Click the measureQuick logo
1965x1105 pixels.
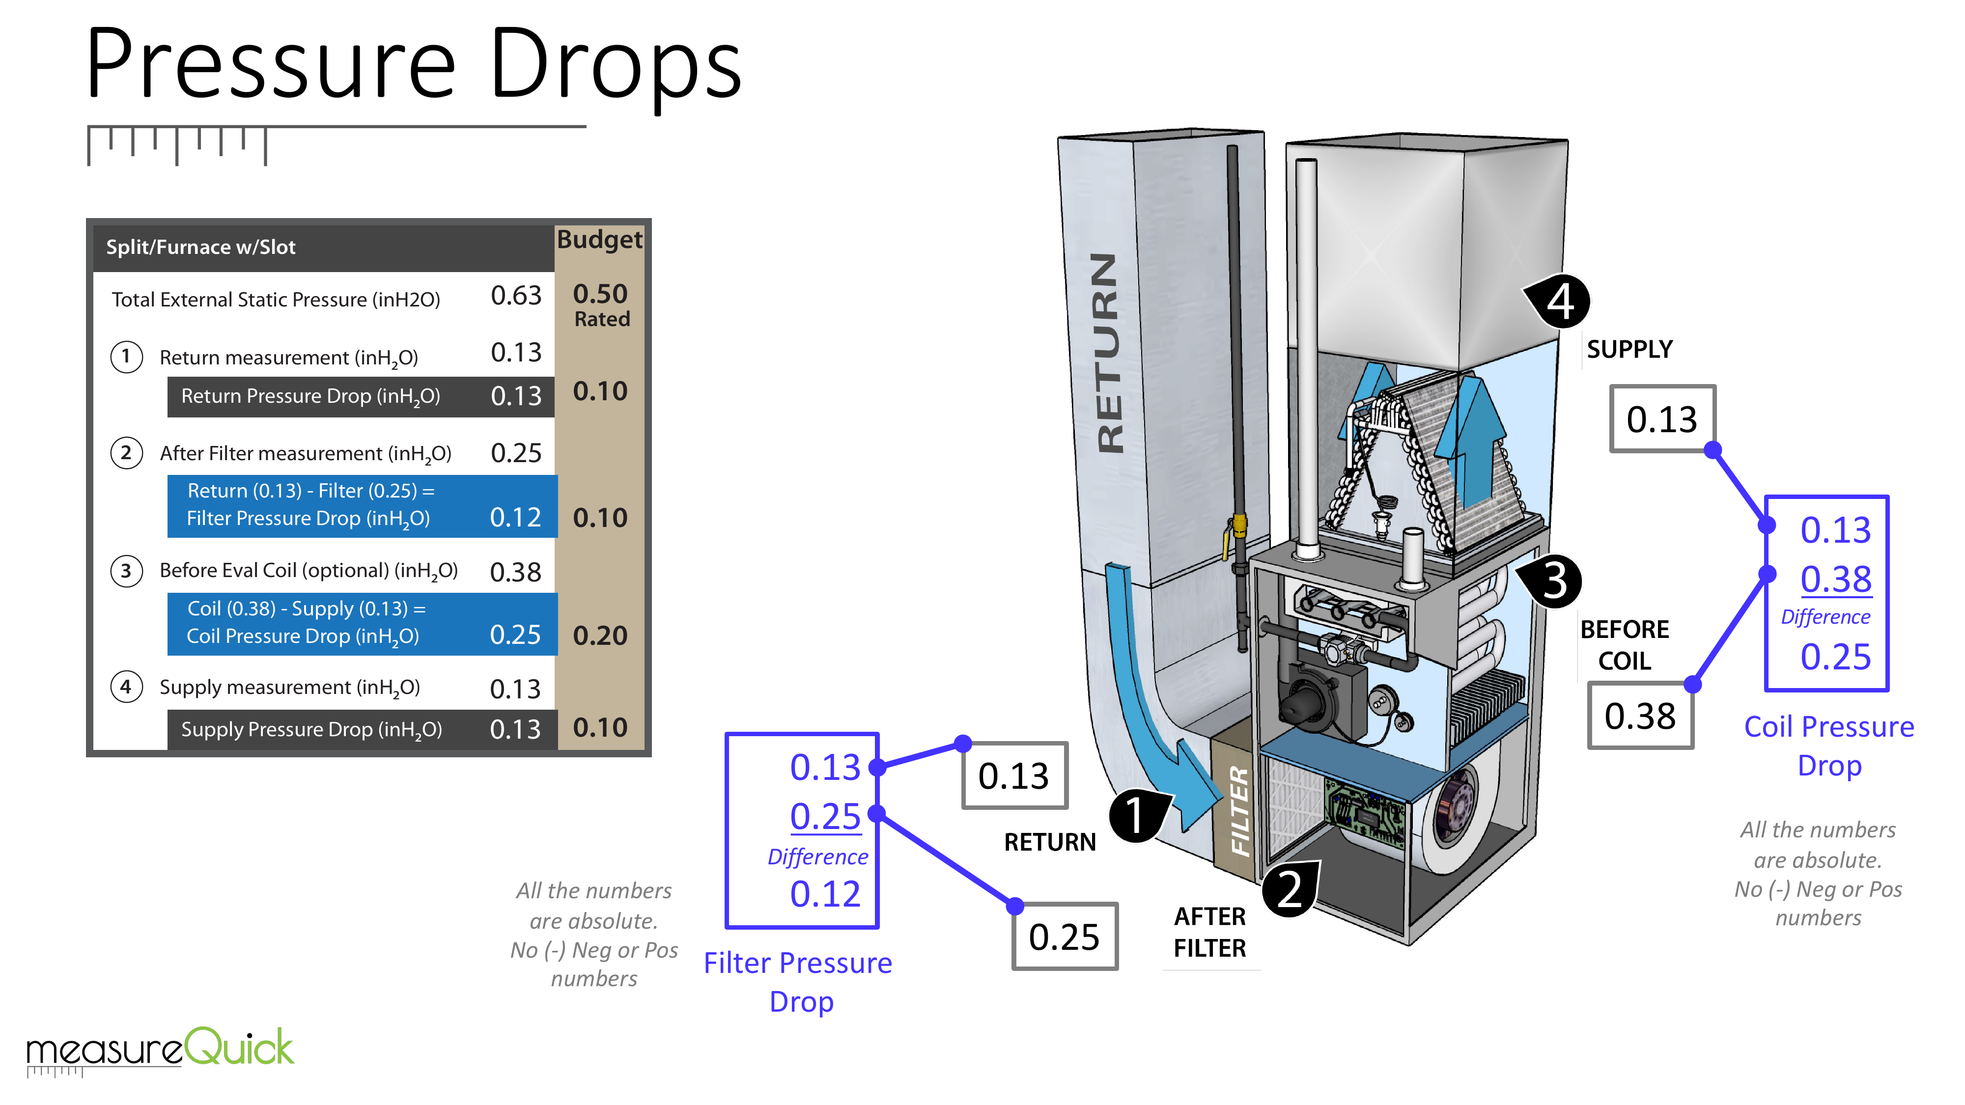coord(160,1048)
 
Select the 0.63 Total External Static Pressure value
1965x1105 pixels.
coord(516,296)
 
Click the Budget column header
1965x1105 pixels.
coord(599,240)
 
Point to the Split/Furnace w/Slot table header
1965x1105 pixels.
coord(200,247)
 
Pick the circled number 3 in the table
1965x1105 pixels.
coord(127,571)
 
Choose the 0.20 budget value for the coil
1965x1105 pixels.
coord(600,635)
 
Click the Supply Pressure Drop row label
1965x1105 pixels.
coord(311,730)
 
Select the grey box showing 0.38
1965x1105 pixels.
coord(1640,716)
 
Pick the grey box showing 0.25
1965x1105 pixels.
coord(1064,937)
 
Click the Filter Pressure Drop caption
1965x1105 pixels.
coord(798,982)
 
